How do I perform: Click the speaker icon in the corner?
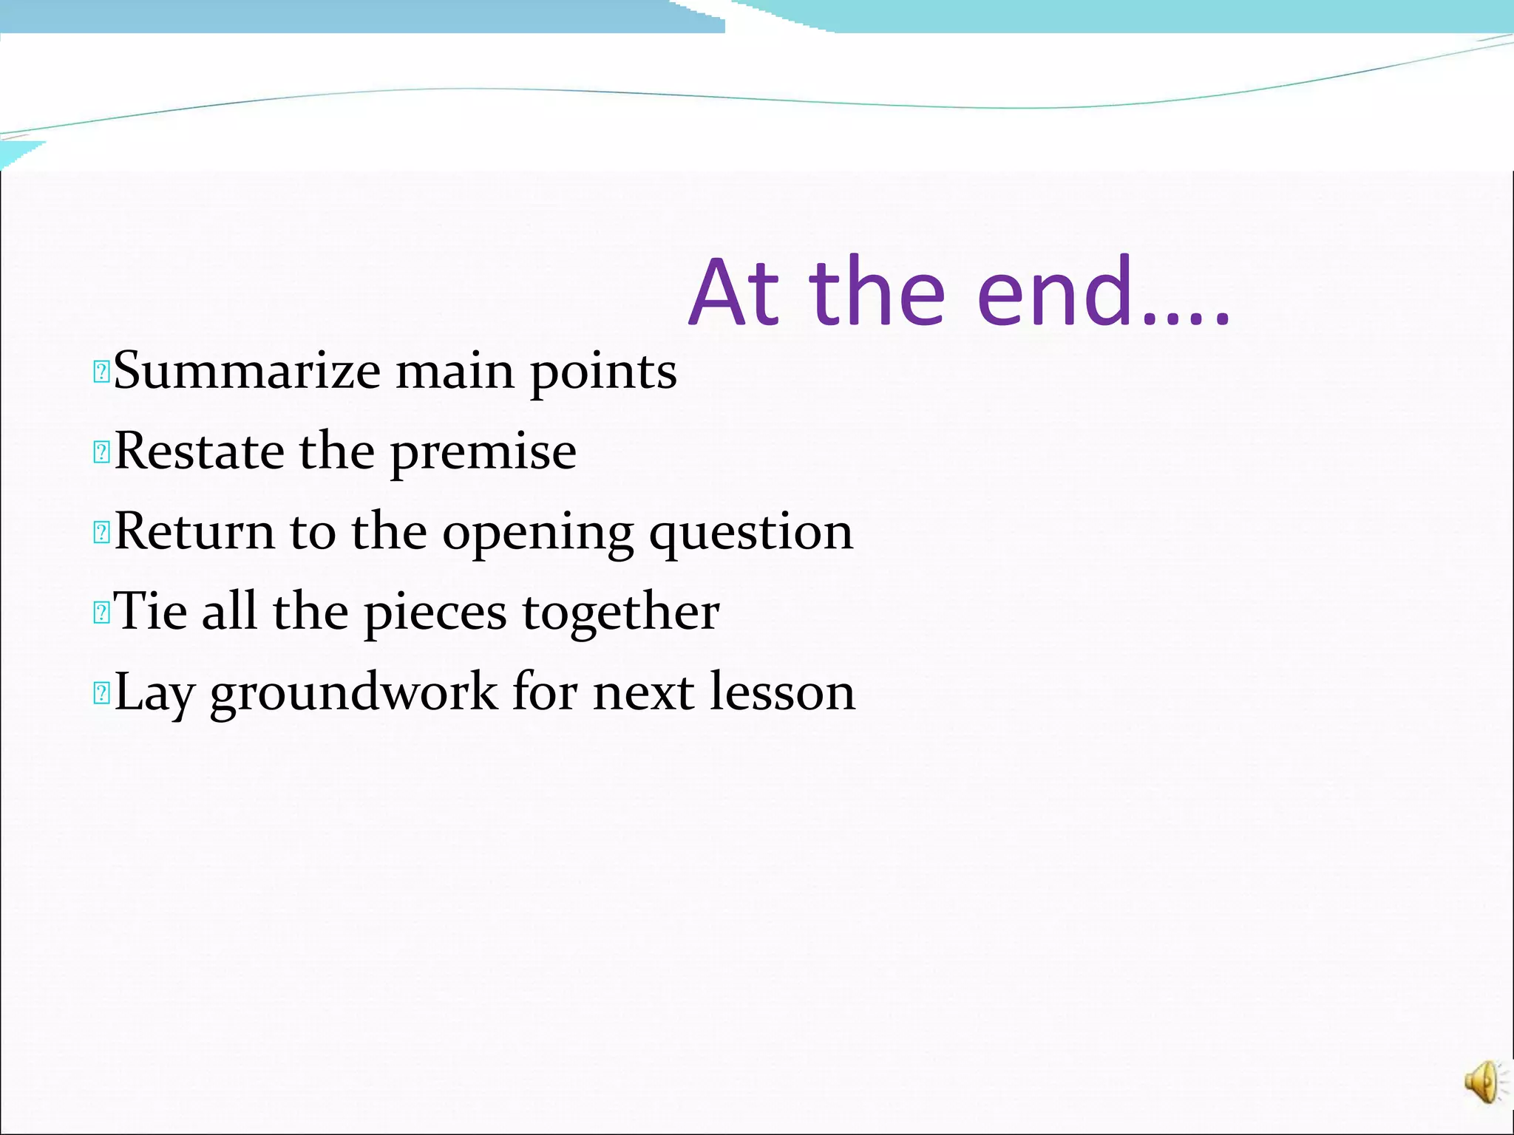pyautogui.click(x=1483, y=1083)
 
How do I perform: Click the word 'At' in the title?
pyautogui.click(x=735, y=293)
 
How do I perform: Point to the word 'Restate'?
pyautogui.click(x=199, y=451)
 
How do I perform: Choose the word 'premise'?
pyautogui.click(x=483, y=452)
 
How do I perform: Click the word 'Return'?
pyautogui.click(x=194, y=531)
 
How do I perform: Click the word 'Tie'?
pyautogui.click(x=150, y=611)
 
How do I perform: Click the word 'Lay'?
pyautogui.click(x=155, y=693)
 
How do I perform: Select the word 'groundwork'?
pyautogui.click(x=354, y=693)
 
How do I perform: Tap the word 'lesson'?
pyautogui.click(x=782, y=692)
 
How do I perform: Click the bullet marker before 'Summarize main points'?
pyautogui.click(x=101, y=372)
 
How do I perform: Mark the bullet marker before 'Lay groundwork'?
pyautogui.click(x=101, y=693)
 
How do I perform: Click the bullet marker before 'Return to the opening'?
pyautogui.click(x=101, y=532)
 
